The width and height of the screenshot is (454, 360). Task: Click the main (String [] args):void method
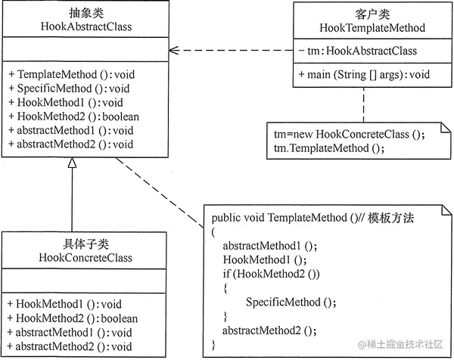(x=365, y=75)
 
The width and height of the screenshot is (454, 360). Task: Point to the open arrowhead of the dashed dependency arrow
(x=173, y=51)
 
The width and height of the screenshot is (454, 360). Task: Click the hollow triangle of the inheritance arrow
(x=73, y=164)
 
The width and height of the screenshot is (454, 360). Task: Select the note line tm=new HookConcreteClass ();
(x=350, y=135)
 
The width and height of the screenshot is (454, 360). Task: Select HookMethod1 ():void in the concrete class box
(x=58, y=304)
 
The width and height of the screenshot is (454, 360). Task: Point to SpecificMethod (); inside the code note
(x=291, y=302)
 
